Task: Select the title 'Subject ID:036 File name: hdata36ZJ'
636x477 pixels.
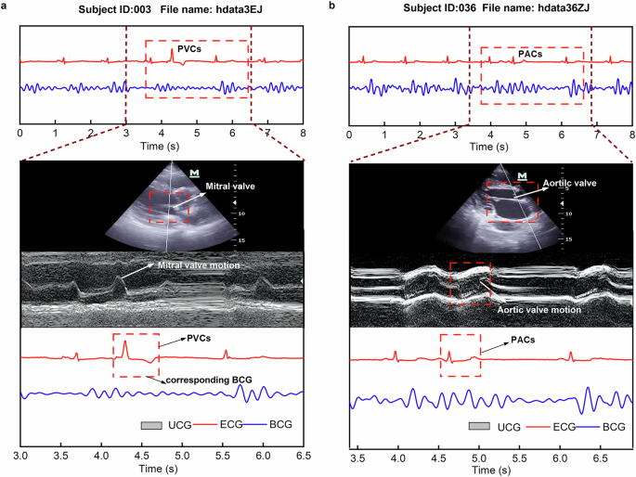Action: point(491,9)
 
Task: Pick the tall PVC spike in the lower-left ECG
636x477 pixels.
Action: point(125,345)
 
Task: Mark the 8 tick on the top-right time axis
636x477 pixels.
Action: point(631,135)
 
